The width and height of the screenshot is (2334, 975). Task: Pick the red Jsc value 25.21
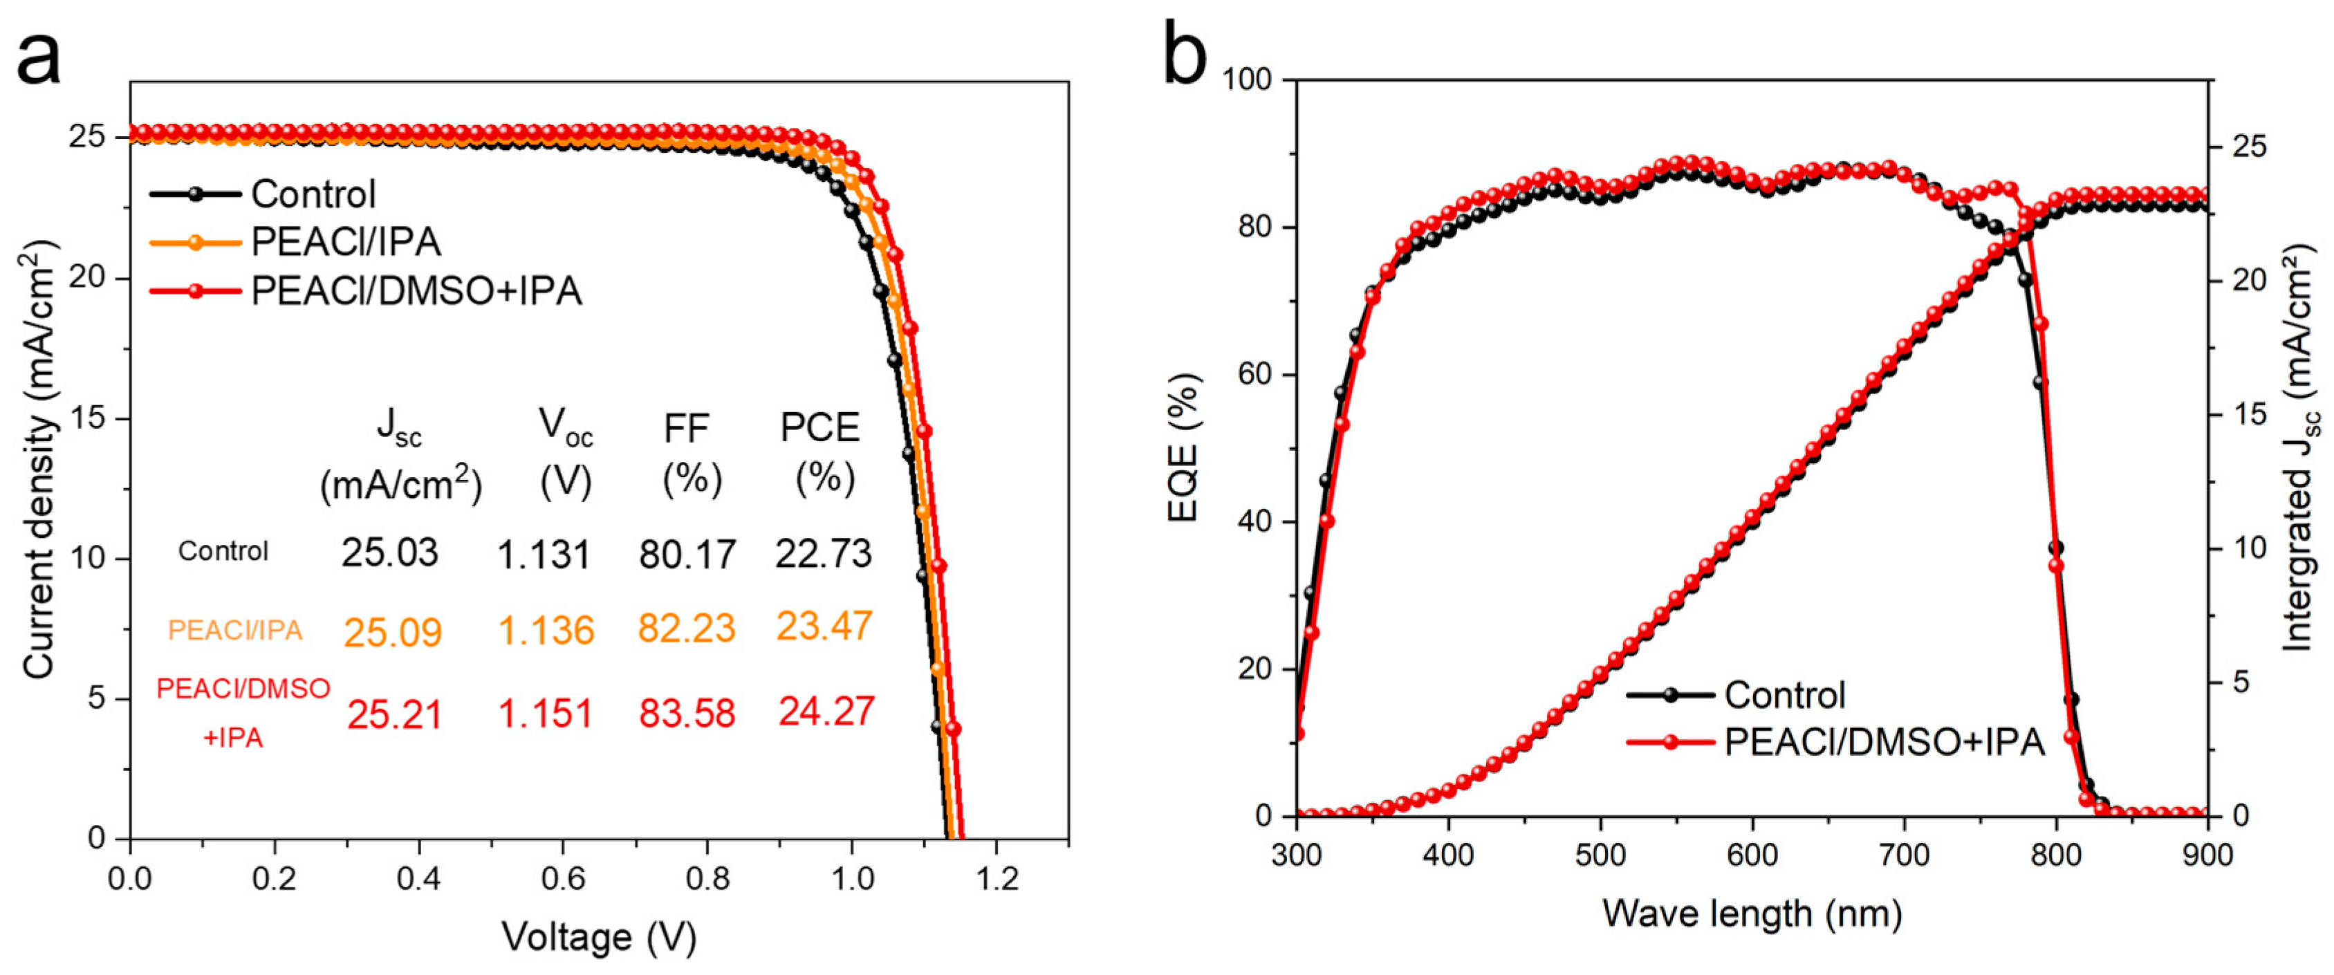tap(394, 715)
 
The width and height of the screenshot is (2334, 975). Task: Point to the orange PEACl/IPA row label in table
tap(234, 630)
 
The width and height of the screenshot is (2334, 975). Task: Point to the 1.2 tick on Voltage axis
tap(996, 878)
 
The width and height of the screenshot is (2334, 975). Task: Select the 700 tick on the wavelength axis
tap(1905, 856)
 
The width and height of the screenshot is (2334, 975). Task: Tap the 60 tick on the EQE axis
tap(1256, 374)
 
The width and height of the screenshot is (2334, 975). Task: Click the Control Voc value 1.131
tap(544, 555)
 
